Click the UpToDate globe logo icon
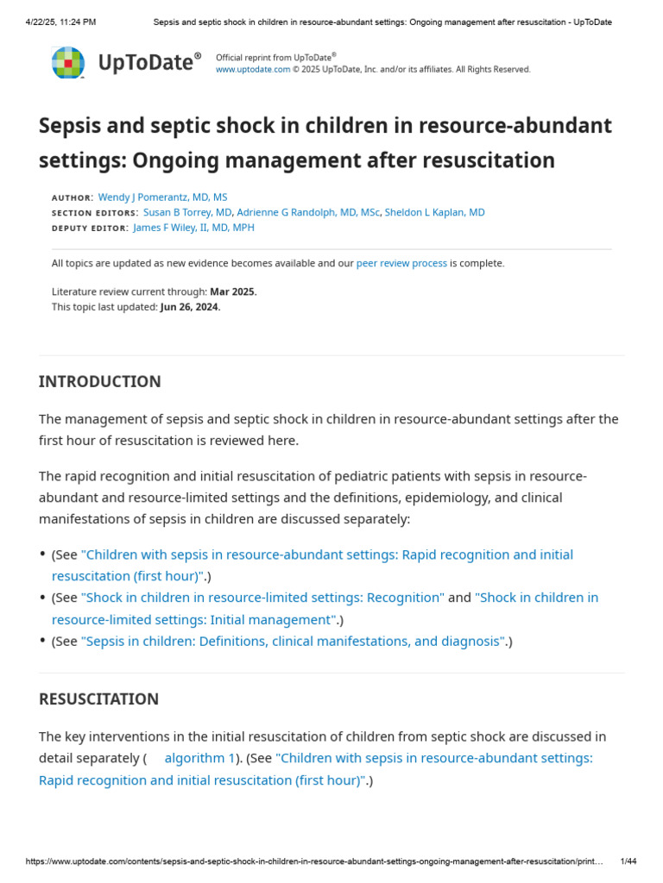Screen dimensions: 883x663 (x=68, y=63)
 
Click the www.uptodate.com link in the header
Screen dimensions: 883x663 (x=253, y=70)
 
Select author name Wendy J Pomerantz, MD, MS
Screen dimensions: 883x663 (x=163, y=197)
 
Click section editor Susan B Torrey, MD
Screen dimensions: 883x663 (x=187, y=212)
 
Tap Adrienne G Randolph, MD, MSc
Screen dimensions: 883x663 (x=308, y=212)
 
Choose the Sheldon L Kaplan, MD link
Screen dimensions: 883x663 (x=434, y=212)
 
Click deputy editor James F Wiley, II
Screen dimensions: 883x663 (x=193, y=228)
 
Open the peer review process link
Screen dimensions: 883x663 (x=401, y=263)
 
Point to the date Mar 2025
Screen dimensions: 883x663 (x=233, y=291)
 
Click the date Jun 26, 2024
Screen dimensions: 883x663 (x=190, y=307)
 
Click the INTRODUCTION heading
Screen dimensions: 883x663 (x=100, y=381)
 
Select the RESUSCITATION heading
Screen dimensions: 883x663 (x=99, y=698)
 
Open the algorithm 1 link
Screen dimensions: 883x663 (x=199, y=758)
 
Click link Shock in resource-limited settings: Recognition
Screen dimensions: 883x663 (x=262, y=598)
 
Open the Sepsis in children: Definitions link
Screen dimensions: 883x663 (x=293, y=641)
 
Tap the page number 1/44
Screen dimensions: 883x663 (x=628, y=861)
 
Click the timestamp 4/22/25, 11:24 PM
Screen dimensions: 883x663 (x=60, y=22)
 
